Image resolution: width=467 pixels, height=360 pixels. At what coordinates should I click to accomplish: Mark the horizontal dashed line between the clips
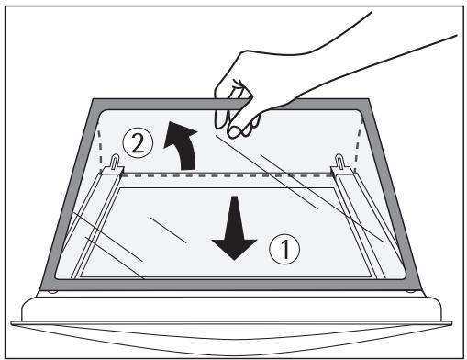[x=229, y=174]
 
